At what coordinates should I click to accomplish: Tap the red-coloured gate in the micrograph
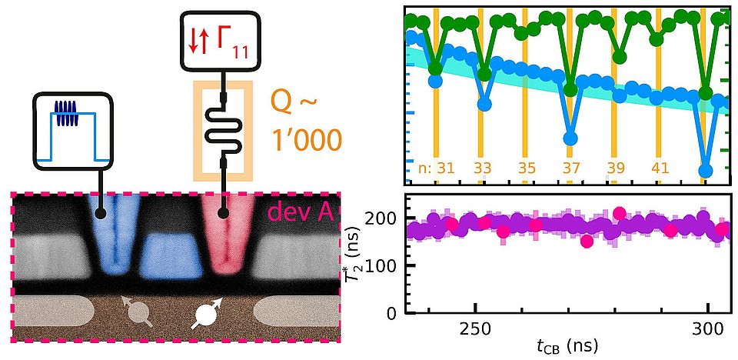(x=225, y=231)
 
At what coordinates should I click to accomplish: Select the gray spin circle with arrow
(x=138, y=312)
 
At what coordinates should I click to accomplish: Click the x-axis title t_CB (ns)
(x=567, y=345)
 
